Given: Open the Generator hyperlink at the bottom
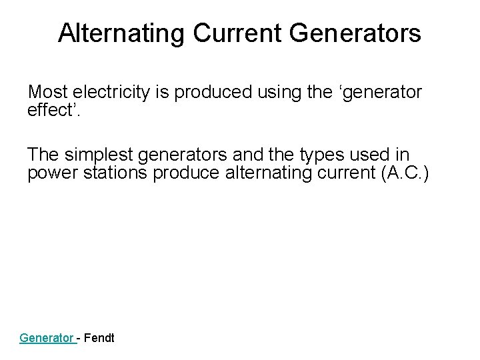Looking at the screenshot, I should point(47,338).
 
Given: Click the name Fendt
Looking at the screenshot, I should point(99,338).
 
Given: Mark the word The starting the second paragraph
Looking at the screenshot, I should point(43,155).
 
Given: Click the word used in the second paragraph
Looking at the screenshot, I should point(378,155).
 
